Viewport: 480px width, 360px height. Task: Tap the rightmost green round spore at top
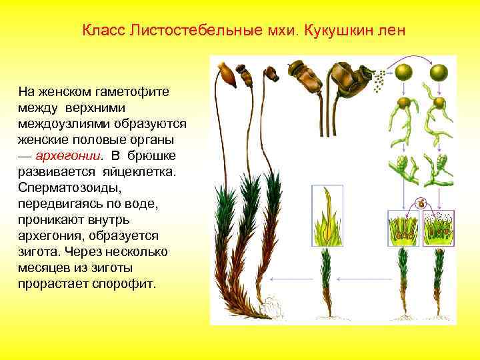point(439,72)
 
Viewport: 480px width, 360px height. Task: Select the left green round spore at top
point(403,72)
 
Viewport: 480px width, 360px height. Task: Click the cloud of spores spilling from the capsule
point(379,82)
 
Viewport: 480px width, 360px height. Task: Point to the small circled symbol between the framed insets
point(421,204)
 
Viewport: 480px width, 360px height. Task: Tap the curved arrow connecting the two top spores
point(421,59)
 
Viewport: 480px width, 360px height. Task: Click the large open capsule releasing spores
point(347,75)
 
